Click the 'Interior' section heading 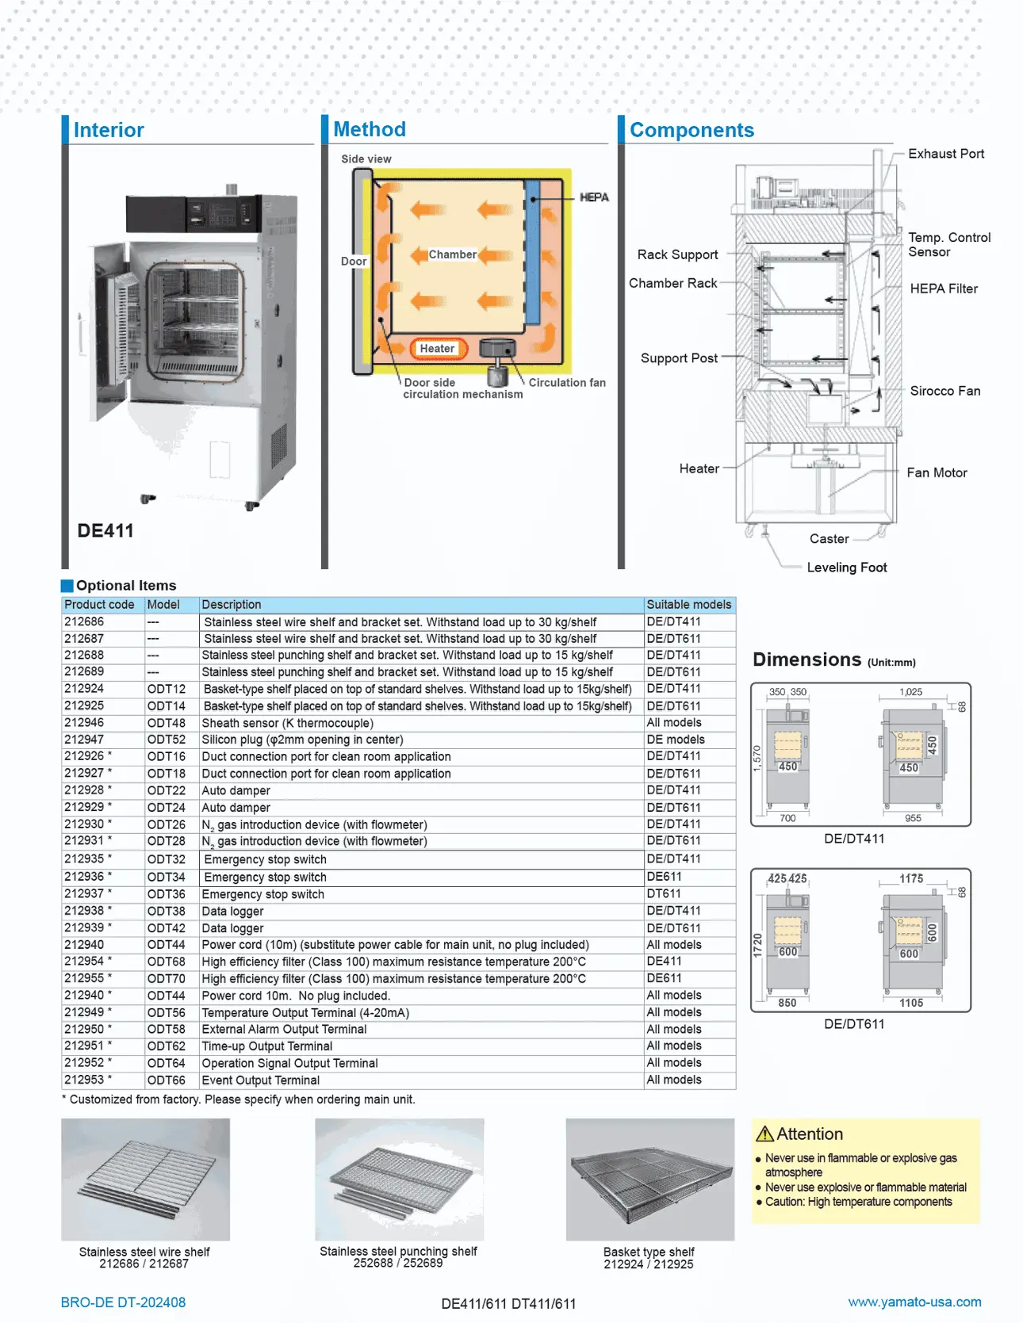tap(109, 130)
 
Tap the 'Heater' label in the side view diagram tap(437, 349)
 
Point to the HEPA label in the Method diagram tap(594, 197)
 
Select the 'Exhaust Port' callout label tap(945, 154)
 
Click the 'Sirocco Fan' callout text tap(944, 391)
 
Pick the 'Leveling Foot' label tap(846, 568)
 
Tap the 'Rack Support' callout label tap(677, 254)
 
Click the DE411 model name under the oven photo tap(105, 531)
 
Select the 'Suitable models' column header tap(688, 605)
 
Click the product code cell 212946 tap(84, 723)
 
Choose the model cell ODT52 tap(166, 740)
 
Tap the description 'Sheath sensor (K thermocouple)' tap(287, 723)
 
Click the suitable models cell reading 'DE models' tap(675, 740)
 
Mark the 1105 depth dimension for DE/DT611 tap(910, 1003)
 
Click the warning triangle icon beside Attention tap(764, 1134)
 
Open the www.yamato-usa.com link tap(914, 1302)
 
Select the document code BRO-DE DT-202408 tap(123, 1302)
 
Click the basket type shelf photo tap(649, 1179)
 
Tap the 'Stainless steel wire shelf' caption tap(144, 1252)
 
